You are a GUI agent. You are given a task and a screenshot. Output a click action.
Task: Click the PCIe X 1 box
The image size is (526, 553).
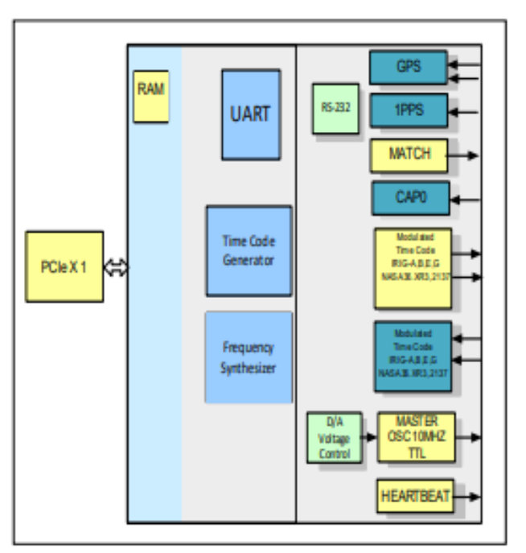click(x=64, y=266)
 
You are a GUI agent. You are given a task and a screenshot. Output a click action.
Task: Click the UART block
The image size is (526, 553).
click(x=251, y=114)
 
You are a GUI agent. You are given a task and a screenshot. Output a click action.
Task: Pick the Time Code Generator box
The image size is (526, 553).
click(x=249, y=250)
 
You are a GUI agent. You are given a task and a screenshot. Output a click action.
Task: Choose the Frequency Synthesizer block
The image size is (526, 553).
click(x=249, y=357)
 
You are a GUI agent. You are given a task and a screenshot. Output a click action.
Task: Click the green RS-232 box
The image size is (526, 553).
click(x=335, y=108)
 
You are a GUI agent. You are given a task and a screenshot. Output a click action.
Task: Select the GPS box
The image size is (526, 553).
click(x=409, y=68)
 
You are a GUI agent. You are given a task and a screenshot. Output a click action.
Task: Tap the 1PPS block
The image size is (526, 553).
click(x=409, y=110)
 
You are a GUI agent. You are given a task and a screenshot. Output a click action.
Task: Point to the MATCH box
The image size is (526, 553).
click(x=409, y=155)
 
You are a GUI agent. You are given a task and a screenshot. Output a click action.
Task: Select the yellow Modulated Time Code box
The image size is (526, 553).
click(x=413, y=268)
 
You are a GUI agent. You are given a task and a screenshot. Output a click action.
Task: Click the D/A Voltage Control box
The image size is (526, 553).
click(x=334, y=437)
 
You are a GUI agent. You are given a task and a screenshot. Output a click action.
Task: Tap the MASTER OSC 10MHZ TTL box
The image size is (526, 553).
click(x=416, y=437)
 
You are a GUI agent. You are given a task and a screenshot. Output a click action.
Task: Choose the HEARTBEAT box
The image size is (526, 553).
click(x=414, y=496)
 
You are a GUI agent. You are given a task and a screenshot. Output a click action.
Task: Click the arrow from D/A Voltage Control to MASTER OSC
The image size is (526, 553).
click(x=369, y=437)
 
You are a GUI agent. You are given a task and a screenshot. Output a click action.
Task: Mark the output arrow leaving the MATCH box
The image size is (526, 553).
click(x=464, y=155)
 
